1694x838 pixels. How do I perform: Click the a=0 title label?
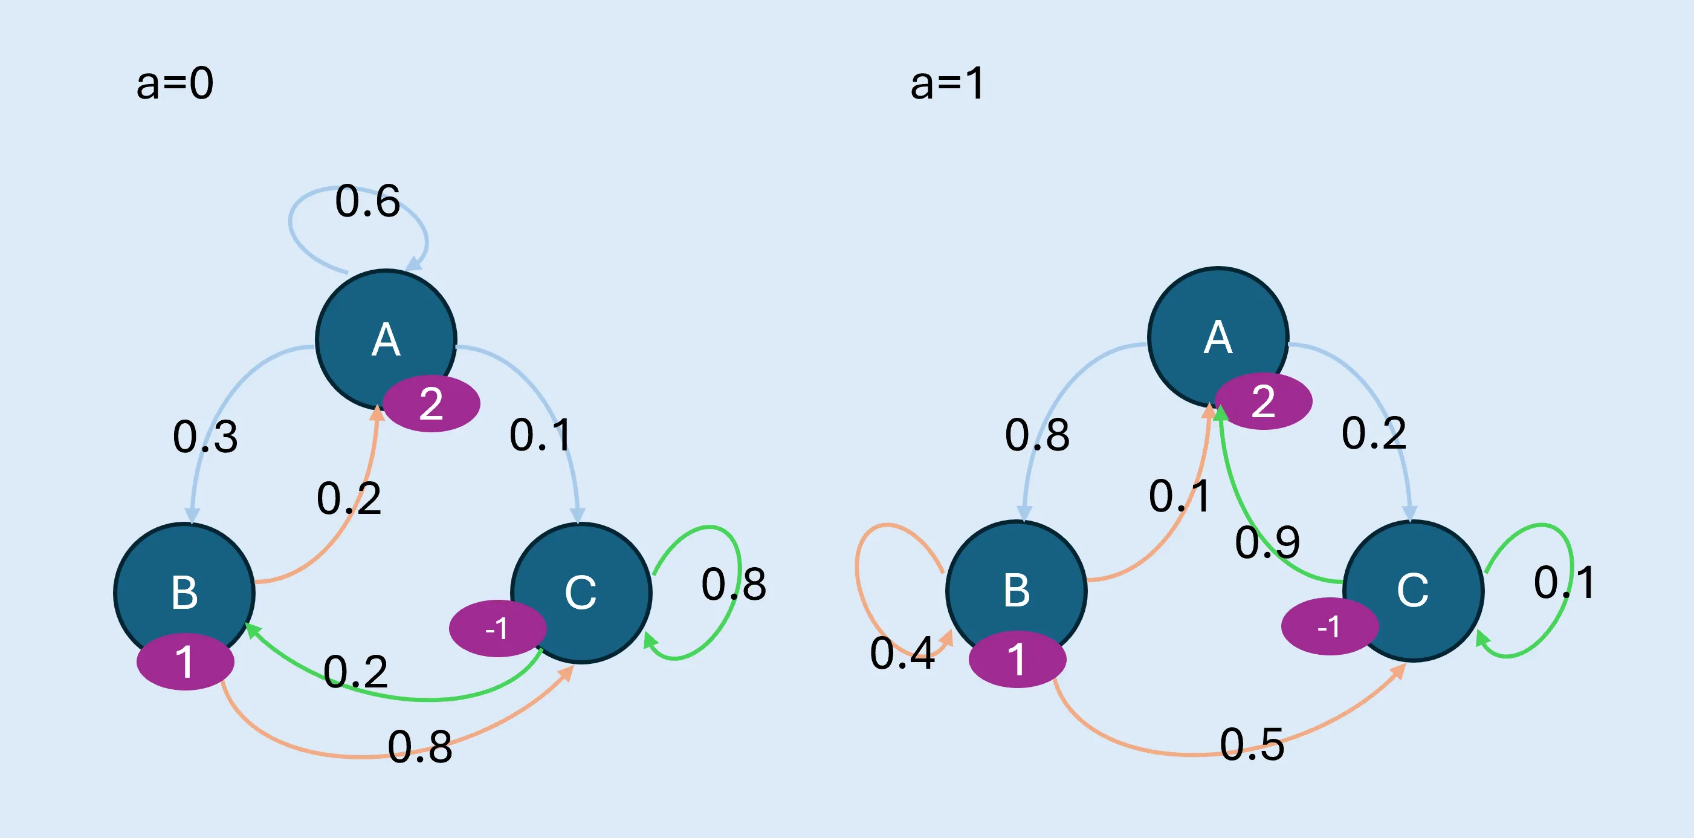coord(175,83)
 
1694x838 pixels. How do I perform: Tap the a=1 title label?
coord(947,83)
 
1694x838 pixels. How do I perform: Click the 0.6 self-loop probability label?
coord(367,201)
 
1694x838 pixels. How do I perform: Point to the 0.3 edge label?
coord(205,437)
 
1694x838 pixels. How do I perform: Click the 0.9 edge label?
coord(1267,543)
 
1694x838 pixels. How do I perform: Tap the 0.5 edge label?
coord(1252,745)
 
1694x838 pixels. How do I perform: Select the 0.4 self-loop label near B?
coord(902,653)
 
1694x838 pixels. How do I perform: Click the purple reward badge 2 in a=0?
coord(432,403)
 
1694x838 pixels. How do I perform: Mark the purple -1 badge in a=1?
coord(1329,626)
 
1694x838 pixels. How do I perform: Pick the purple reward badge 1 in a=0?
coord(185,661)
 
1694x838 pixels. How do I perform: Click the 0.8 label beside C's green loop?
coord(734,584)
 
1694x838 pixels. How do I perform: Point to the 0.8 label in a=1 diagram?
coord(1037,435)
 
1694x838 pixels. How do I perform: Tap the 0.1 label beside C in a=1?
coord(1564,583)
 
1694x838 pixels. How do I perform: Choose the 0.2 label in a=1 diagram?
coord(1374,434)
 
